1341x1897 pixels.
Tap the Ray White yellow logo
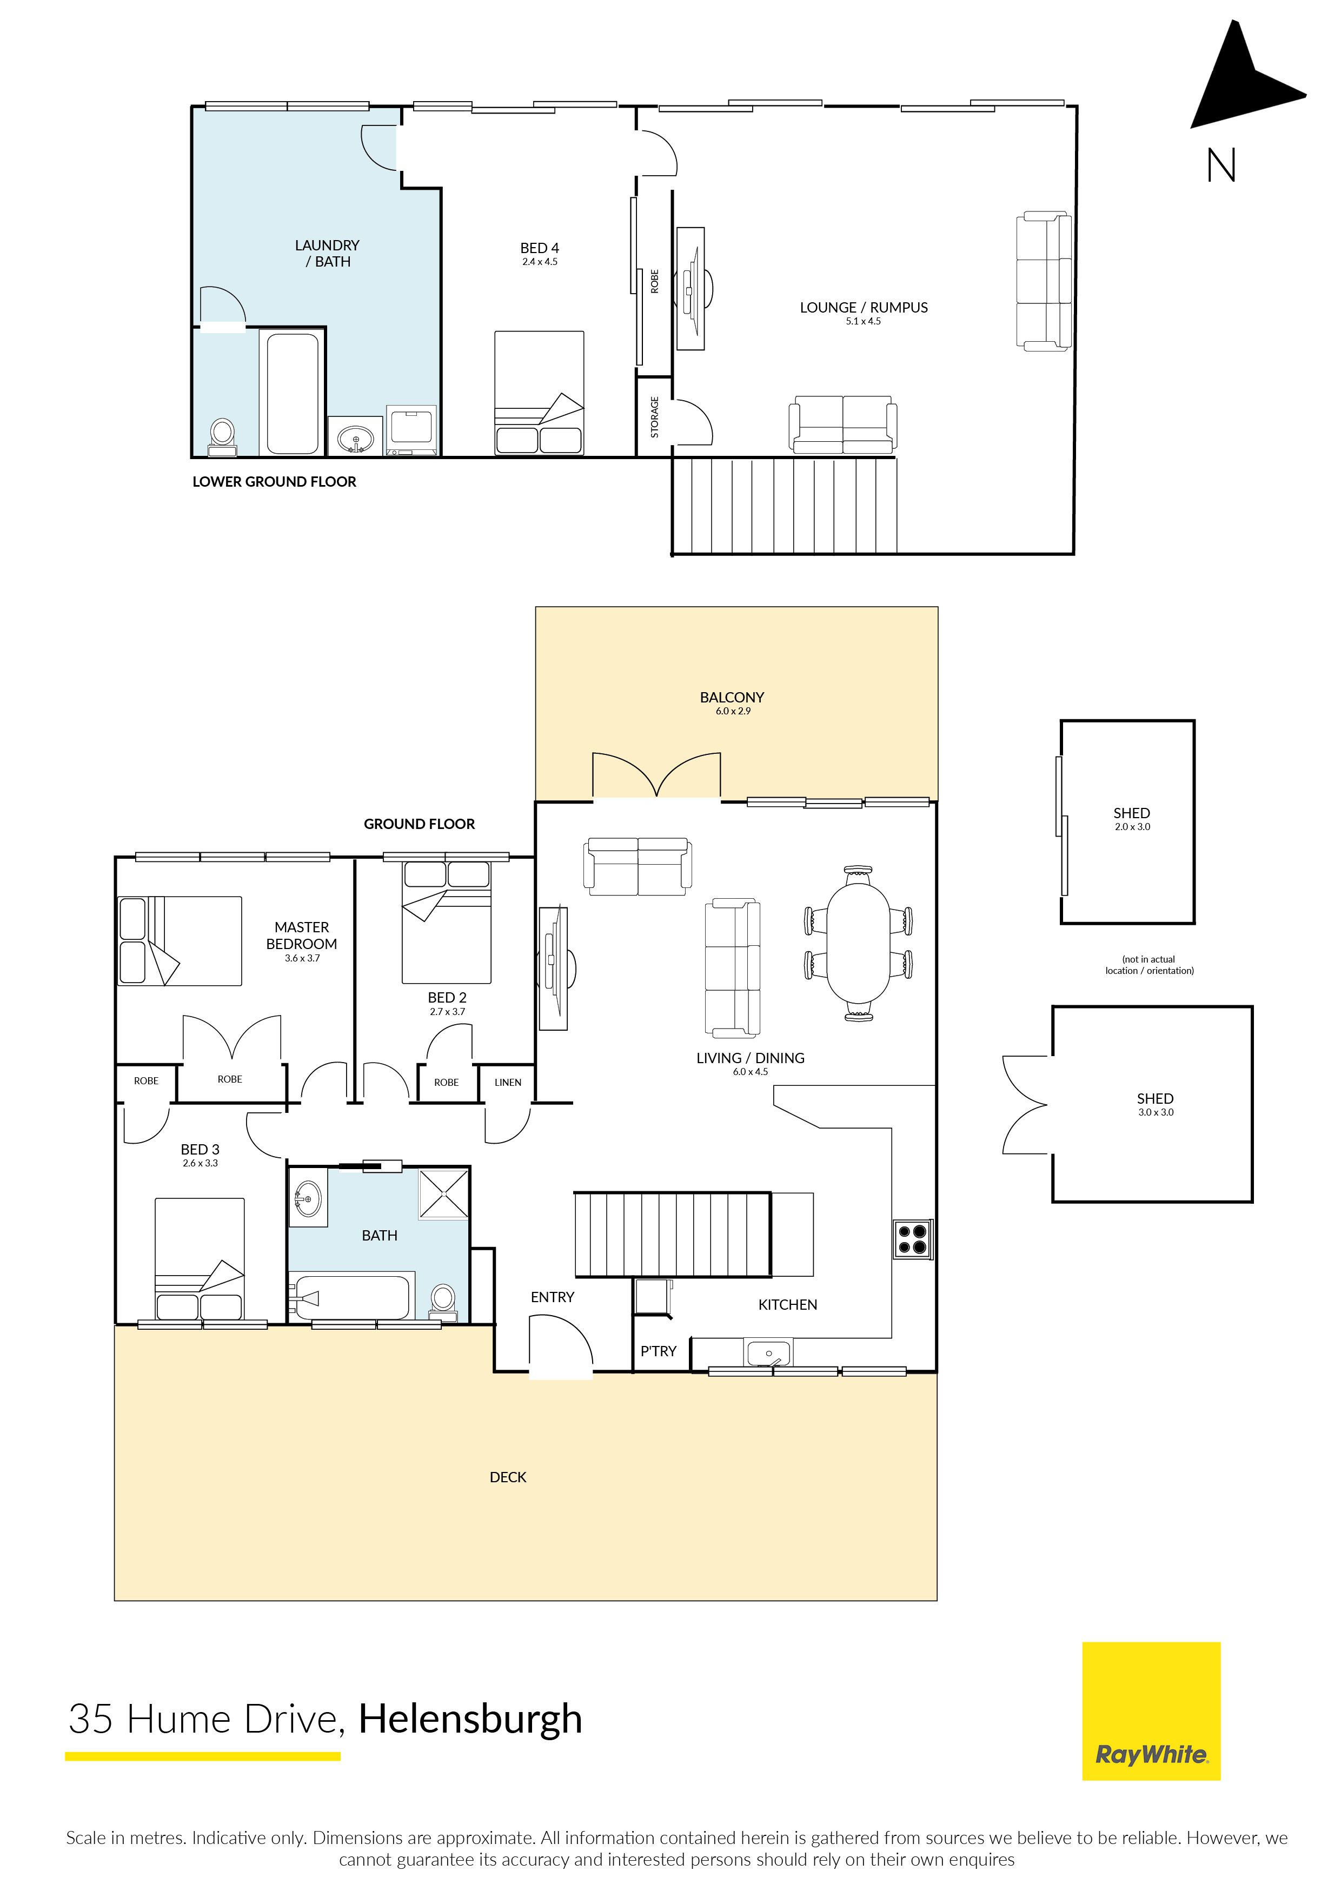click(1151, 1710)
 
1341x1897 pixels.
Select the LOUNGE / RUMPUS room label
click(864, 307)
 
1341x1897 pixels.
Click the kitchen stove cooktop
click(913, 1239)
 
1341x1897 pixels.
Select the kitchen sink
click(768, 1354)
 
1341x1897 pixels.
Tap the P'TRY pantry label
click(659, 1351)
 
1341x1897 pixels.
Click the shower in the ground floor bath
click(444, 1193)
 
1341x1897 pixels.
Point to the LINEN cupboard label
click(508, 1083)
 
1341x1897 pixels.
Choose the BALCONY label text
click(732, 698)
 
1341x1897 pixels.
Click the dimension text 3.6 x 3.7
click(302, 958)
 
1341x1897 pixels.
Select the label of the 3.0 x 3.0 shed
click(1155, 1099)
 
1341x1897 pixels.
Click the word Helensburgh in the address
click(470, 1720)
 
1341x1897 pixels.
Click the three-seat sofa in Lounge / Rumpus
click(1044, 281)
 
